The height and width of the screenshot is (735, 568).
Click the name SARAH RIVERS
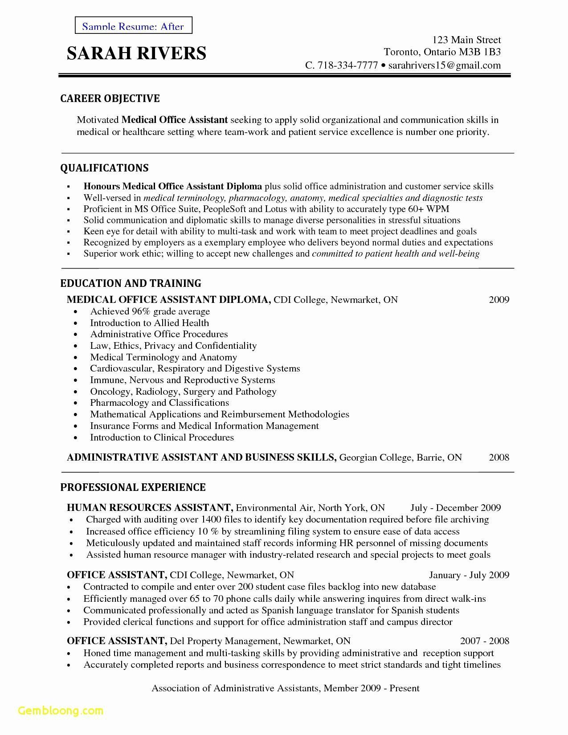[136, 53]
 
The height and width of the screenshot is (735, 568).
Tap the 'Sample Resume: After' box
[133, 26]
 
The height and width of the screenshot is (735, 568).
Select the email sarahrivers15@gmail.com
[445, 65]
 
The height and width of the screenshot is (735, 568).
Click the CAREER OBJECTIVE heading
[110, 98]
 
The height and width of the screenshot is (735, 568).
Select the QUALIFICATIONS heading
[104, 168]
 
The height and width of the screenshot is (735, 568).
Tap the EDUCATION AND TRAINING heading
[131, 283]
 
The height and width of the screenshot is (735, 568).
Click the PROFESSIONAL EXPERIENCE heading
[133, 487]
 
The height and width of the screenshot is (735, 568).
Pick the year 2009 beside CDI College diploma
[499, 299]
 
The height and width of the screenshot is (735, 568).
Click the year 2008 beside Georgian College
[499, 457]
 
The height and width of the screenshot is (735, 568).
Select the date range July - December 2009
[455, 508]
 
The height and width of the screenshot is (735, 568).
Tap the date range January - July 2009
[469, 575]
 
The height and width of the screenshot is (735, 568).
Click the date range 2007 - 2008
[485, 641]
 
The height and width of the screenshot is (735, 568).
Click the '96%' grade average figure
[141, 311]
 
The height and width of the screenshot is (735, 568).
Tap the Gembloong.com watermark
[55, 710]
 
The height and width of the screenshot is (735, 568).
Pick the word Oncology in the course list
[110, 392]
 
